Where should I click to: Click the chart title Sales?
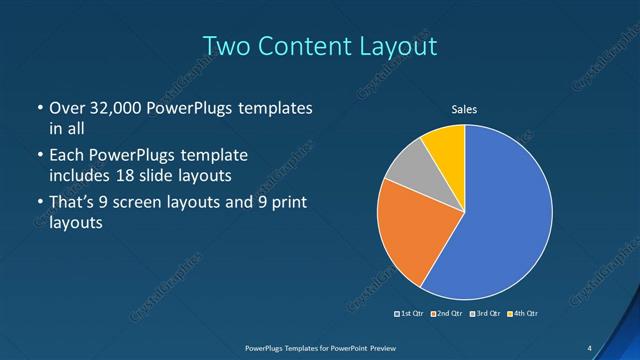(x=465, y=110)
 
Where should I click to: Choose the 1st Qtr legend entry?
(x=409, y=314)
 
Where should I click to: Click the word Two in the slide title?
(x=226, y=46)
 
